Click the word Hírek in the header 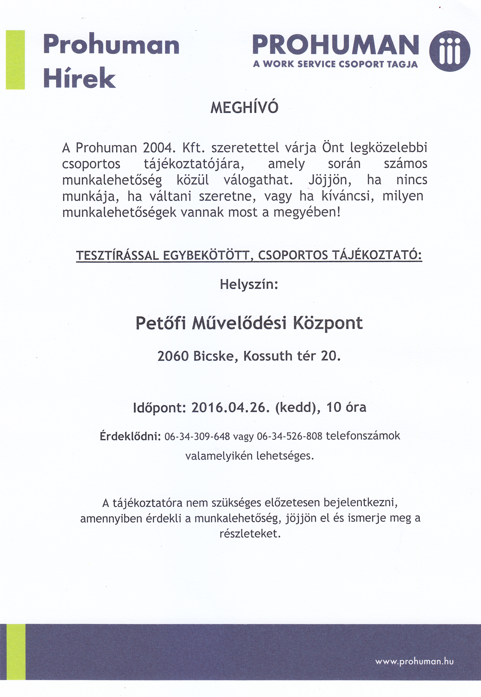[x=80, y=78]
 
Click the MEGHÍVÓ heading [x=244, y=108]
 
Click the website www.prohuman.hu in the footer [x=414, y=645]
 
